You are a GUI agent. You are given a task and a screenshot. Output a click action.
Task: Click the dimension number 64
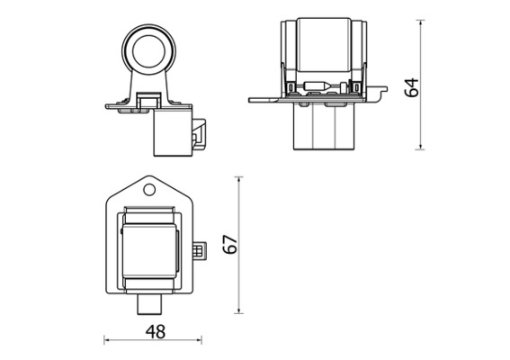(412, 88)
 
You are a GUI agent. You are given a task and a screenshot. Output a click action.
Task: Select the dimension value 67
(229, 244)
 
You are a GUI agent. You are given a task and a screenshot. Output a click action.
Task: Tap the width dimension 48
(155, 331)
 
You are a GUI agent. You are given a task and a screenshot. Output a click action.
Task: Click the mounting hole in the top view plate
(149, 189)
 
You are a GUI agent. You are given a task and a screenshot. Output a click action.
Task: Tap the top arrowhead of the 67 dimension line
(239, 180)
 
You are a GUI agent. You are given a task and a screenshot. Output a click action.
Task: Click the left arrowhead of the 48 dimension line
(108, 340)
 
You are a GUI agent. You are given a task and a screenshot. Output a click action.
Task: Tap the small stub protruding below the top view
(149, 305)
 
